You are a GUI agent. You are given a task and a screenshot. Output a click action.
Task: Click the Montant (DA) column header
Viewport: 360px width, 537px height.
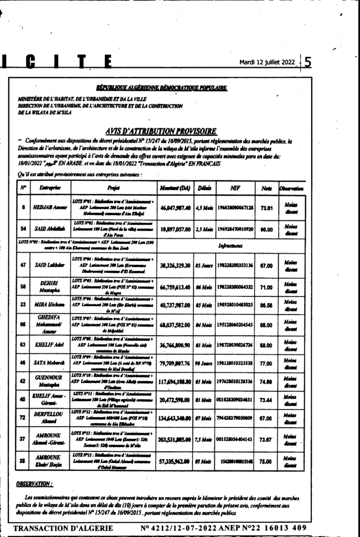(174, 188)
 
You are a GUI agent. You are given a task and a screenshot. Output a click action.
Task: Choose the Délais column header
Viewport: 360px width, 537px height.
(205, 188)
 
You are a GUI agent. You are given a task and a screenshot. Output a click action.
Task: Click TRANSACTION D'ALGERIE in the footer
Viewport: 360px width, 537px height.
(63, 527)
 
